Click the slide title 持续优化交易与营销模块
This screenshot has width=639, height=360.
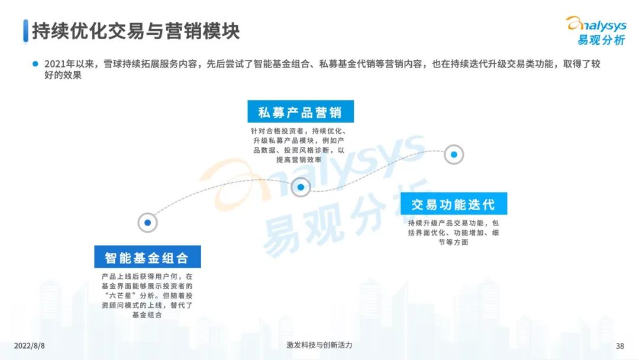pyautogui.click(x=135, y=31)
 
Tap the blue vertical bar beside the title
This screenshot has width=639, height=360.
pyautogui.click(x=25, y=31)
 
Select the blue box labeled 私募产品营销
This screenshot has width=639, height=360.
pyautogui.click(x=300, y=112)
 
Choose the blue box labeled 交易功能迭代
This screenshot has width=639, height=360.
pyautogui.click(x=453, y=204)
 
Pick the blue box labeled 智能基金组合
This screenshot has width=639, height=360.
pyautogui.click(x=147, y=258)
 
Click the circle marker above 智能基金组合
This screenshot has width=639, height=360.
pyautogui.click(x=147, y=223)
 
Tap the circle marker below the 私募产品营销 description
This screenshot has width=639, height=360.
pyautogui.click(x=301, y=187)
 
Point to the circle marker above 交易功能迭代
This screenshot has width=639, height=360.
pyautogui.click(x=454, y=155)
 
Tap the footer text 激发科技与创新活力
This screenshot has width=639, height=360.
pyautogui.click(x=319, y=345)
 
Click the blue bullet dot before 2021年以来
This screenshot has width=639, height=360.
pyautogui.click(x=35, y=64)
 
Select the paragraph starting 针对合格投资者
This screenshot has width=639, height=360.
pyautogui.click(x=300, y=145)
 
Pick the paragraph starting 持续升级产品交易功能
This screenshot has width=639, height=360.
pyautogui.click(x=453, y=233)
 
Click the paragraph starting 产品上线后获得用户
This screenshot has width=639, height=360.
pyautogui.click(x=147, y=295)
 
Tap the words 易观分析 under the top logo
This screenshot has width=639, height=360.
pyautogui.click(x=601, y=40)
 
